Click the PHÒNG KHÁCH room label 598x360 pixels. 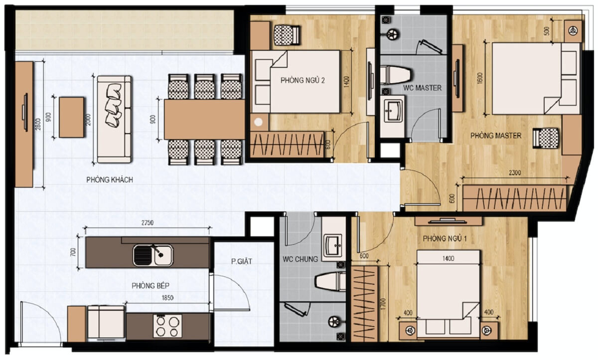click(110, 180)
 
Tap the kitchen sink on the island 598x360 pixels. click(153, 255)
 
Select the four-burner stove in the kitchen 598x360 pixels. click(167, 326)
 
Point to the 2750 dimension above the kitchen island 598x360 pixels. click(148, 222)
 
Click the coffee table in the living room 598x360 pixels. click(71, 117)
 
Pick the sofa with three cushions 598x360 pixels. click(114, 119)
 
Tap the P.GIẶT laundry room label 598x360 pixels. click(242, 261)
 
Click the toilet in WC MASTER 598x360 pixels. click(396, 75)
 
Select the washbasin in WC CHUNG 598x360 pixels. click(332, 245)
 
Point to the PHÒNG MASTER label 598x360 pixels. click(496, 136)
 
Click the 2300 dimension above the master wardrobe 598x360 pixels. click(515, 173)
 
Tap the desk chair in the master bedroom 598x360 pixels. click(546, 138)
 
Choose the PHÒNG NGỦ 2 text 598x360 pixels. click(303, 80)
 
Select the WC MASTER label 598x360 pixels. click(423, 88)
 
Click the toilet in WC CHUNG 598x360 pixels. click(330, 282)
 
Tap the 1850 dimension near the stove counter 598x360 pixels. click(167, 298)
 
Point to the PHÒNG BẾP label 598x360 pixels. click(150, 286)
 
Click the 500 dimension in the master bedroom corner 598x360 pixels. click(547, 32)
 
